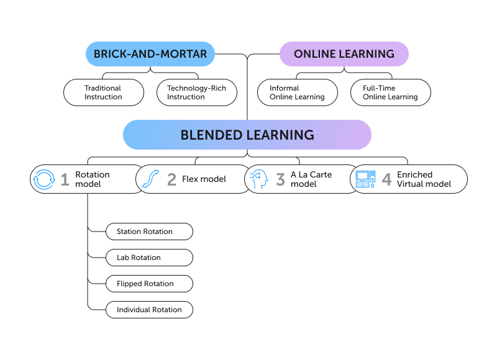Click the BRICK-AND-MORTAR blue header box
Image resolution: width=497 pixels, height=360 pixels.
(150, 54)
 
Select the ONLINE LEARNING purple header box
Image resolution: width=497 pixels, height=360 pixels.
(344, 54)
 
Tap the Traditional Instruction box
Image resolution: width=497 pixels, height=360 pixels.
(104, 92)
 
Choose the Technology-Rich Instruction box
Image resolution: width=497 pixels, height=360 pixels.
(197, 92)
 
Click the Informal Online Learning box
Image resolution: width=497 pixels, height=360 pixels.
(298, 92)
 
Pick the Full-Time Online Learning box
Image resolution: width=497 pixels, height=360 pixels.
(391, 92)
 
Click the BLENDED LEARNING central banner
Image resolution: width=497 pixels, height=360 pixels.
(247, 135)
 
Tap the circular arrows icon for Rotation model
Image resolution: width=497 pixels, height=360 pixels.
(44, 179)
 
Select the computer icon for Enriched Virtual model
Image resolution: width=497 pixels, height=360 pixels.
(365, 179)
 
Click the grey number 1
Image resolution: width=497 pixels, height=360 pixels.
(65, 180)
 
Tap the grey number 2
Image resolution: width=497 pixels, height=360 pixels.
(171, 180)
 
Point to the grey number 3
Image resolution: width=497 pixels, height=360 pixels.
(280, 180)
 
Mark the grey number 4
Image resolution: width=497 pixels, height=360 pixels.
(386, 180)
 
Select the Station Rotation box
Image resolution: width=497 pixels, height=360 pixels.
(149, 232)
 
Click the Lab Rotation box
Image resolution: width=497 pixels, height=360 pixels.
(149, 258)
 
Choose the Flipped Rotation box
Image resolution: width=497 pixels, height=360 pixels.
(149, 284)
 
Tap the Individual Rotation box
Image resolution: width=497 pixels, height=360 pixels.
(149, 310)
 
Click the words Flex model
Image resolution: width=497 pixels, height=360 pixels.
(204, 180)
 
